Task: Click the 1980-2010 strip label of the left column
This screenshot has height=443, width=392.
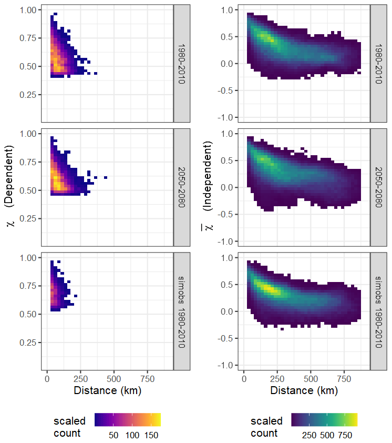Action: point(182,63)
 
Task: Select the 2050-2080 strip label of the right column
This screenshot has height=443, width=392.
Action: point(379,187)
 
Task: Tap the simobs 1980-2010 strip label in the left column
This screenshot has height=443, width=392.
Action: point(182,310)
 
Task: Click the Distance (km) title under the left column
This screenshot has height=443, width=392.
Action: point(107,391)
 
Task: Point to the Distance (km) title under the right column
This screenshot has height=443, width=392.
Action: point(304,391)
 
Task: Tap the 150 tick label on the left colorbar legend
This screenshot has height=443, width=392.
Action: point(151,435)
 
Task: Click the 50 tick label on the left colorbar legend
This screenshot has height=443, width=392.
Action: point(114,435)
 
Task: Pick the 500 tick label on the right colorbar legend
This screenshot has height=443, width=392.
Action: point(327,435)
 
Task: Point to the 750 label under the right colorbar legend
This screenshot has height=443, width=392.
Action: point(345,435)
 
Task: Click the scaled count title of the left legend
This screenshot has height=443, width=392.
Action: point(69,427)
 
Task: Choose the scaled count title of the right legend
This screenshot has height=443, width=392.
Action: point(266,427)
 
